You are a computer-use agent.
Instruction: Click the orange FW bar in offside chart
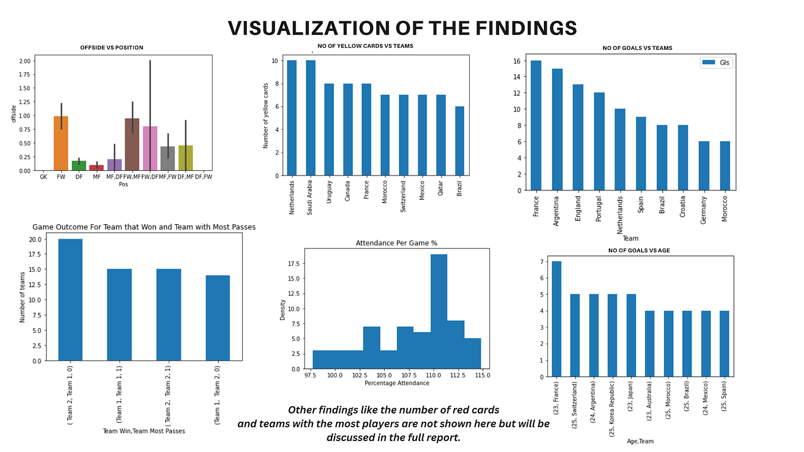[x=61, y=143]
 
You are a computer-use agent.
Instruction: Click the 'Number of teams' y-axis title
[x=22, y=297]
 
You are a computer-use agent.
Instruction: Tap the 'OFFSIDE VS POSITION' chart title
[x=112, y=48]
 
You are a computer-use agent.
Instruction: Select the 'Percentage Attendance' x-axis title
[x=397, y=383]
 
